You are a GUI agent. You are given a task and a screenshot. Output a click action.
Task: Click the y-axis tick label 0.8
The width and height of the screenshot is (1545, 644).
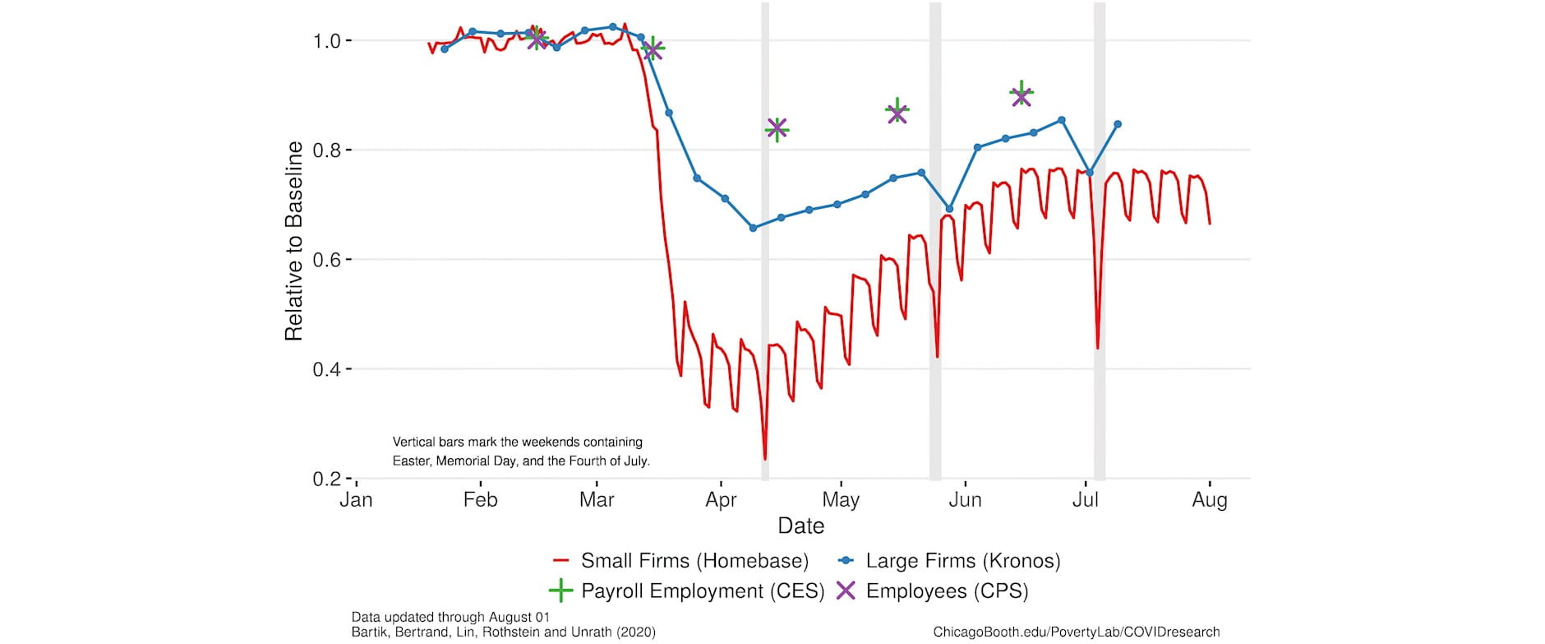click(x=329, y=151)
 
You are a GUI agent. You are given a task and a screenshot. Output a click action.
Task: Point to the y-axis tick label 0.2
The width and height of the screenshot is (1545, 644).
click(x=329, y=479)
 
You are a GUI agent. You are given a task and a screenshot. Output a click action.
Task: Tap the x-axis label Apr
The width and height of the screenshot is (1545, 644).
click(x=721, y=500)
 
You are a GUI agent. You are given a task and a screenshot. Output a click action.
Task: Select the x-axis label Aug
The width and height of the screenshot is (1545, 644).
click(x=1209, y=500)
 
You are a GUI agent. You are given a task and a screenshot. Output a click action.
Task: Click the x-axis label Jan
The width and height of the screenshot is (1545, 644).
click(x=356, y=500)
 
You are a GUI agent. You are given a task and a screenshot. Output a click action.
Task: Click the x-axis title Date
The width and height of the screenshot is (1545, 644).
click(x=800, y=526)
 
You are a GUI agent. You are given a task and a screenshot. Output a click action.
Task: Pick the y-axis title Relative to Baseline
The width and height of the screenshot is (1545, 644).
click(x=293, y=241)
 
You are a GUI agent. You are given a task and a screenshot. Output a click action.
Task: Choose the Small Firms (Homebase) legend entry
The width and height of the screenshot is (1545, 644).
click(x=681, y=561)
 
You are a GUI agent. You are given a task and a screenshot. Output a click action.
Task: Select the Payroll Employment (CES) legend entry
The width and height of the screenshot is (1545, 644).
click(x=687, y=591)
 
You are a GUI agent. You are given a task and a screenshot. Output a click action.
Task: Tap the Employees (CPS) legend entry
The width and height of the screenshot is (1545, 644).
click(x=932, y=591)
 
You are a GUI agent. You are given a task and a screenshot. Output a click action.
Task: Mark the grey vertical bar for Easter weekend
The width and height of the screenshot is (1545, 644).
click(x=765, y=247)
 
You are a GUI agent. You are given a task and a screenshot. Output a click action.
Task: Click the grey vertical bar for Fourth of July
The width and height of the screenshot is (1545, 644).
click(x=1099, y=247)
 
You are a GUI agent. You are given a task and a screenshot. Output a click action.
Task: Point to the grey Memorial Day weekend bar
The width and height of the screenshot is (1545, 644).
click(x=934, y=247)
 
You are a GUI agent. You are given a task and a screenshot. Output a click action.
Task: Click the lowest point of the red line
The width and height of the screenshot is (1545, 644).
click(x=765, y=458)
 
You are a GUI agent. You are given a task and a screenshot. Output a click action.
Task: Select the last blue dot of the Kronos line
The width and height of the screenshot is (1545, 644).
click(x=1118, y=124)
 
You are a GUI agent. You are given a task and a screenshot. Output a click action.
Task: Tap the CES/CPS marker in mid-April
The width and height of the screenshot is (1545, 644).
click(x=777, y=129)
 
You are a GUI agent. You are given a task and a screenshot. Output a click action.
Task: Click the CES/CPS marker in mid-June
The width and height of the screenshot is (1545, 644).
click(x=1021, y=95)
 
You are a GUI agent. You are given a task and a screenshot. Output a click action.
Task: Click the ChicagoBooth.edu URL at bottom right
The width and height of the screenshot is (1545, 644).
click(x=1076, y=632)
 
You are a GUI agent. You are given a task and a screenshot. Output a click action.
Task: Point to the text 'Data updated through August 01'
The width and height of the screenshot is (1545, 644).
click(x=450, y=617)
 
